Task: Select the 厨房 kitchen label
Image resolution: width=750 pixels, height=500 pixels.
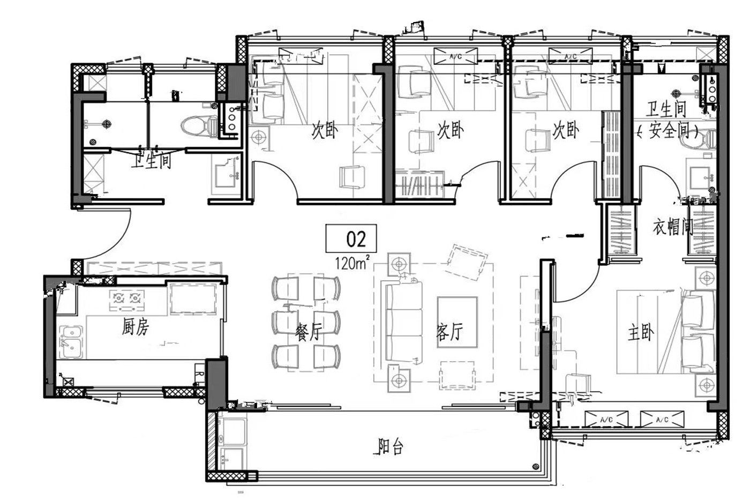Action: (x=135, y=327)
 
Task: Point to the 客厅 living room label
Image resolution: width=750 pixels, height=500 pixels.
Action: (x=449, y=332)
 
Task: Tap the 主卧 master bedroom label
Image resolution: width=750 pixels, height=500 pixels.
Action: (x=641, y=333)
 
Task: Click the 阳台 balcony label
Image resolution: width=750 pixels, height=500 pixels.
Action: (x=390, y=446)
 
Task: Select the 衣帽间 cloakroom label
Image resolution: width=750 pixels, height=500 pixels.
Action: (x=673, y=227)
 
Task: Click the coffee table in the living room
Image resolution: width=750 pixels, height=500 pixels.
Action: (x=457, y=322)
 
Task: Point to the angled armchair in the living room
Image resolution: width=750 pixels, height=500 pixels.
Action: (x=466, y=261)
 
